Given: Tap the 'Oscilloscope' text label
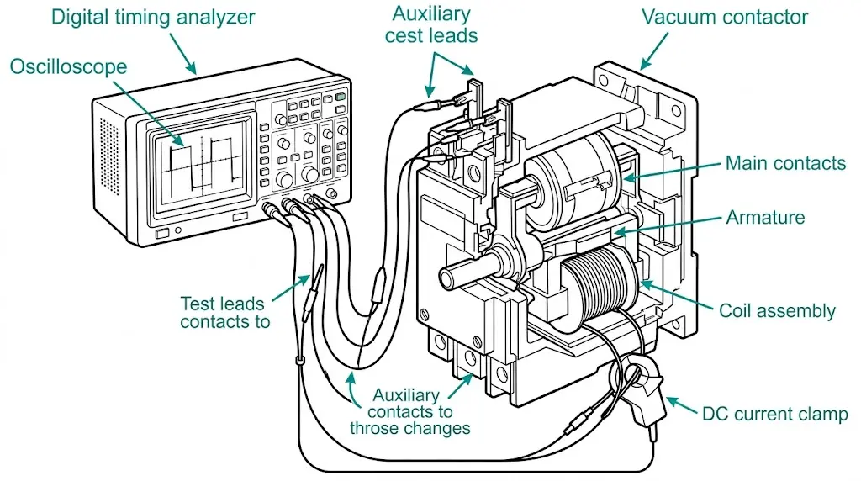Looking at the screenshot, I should [69, 66].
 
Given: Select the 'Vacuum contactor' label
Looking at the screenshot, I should [724, 17].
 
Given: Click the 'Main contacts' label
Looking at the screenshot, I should [785, 163].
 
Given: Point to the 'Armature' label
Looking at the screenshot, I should [765, 217].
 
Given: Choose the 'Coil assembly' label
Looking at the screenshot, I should [777, 310].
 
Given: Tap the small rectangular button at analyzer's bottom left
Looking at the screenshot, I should [163, 232].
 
